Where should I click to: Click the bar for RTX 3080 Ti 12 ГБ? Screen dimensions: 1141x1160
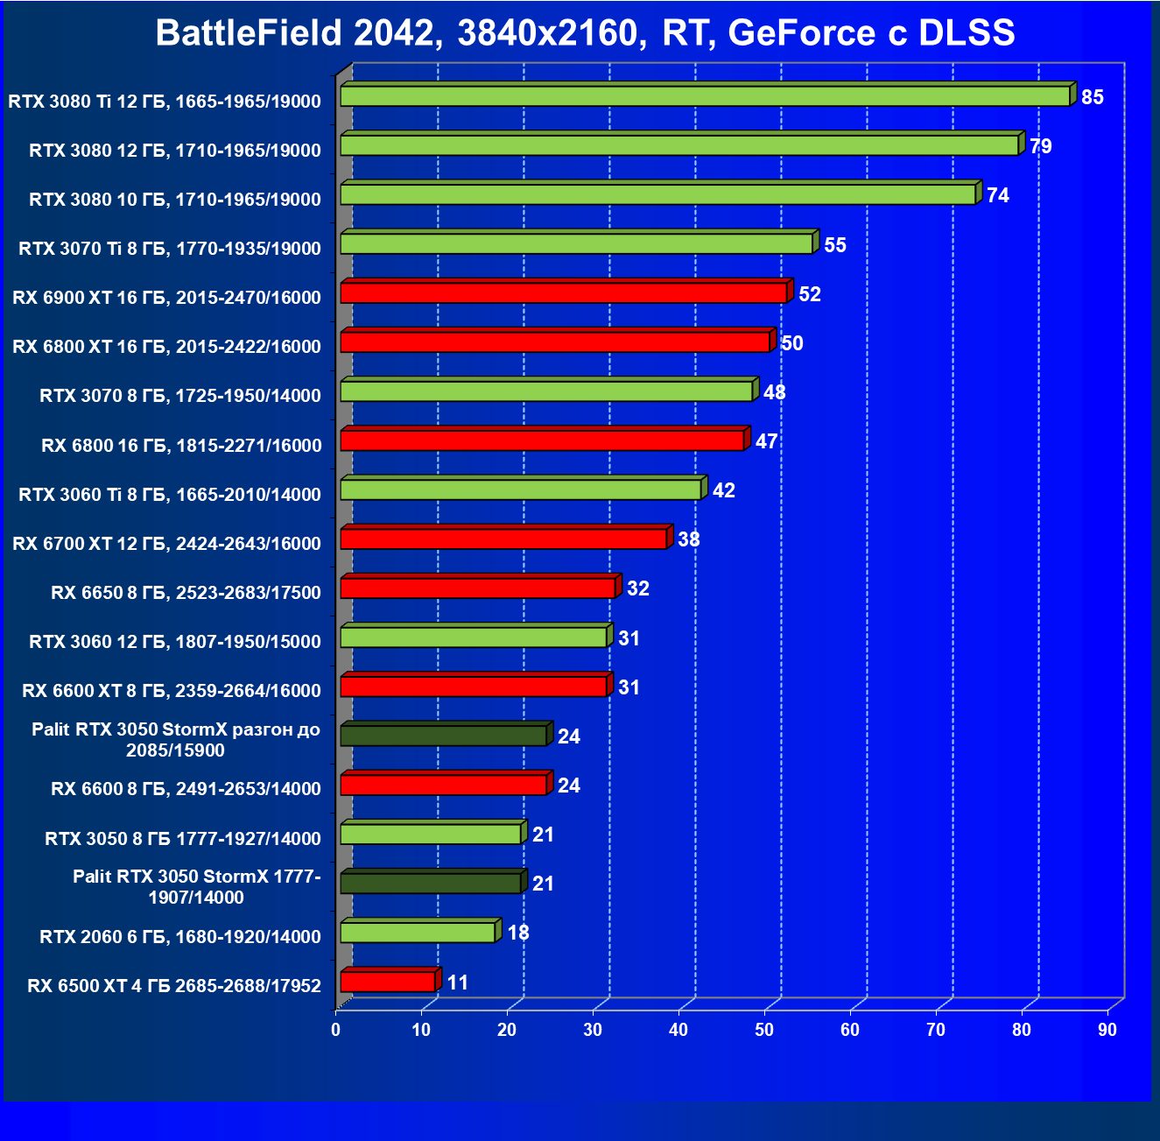[x=705, y=96]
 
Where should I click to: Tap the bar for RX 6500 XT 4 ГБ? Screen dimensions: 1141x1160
[x=387, y=982]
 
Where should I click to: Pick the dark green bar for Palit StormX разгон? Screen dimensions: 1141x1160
[x=443, y=736]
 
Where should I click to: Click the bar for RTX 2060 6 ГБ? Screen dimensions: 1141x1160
[x=418, y=933]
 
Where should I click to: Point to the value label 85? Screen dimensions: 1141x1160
[x=1093, y=97]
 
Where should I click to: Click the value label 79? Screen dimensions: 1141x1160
[x=1041, y=146]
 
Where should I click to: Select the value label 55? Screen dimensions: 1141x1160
[x=835, y=245]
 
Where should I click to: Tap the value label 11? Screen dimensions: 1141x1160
[x=458, y=983]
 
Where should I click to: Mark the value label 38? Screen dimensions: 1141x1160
[x=689, y=539]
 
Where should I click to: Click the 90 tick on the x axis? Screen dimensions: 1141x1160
[x=1107, y=1031]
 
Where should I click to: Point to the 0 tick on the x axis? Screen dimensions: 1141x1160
[x=336, y=1031]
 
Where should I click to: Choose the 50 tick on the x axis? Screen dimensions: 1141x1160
[x=764, y=1031]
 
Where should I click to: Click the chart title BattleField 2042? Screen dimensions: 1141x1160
[x=585, y=33]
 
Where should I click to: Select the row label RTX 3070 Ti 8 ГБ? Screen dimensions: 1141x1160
[x=170, y=249]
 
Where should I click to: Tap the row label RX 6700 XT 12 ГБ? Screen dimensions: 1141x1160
[x=166, y=544]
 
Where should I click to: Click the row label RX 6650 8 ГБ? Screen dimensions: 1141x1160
[x=186, y=593]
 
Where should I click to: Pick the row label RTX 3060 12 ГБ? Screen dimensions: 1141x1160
[x=175, y=642]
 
